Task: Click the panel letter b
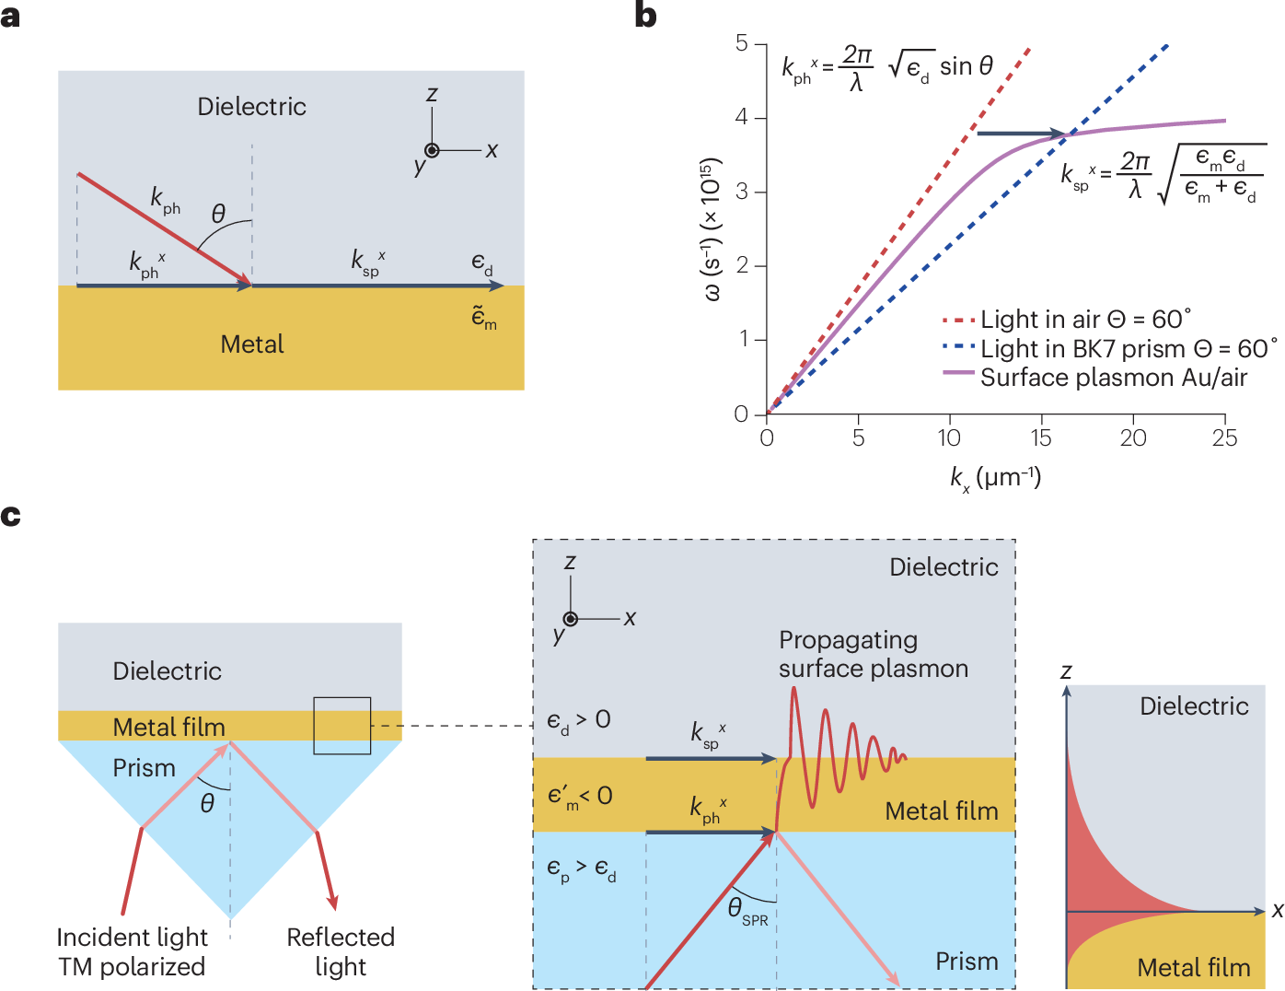coord(646,16)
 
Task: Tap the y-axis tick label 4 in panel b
coord(742,118)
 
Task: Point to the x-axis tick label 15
coord(1040,438)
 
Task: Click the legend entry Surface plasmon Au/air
coord(1113,378)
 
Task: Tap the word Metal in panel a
coord(252,344)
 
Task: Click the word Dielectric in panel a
coord(251,107)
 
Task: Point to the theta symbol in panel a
coord(218,215)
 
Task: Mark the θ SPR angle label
coord(747,911)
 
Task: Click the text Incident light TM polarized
coord(132,952)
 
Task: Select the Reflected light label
coord(341,952)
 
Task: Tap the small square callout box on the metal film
coord(342,726)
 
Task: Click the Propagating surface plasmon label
coord(873,654)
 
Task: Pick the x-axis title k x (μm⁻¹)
coord(995,478)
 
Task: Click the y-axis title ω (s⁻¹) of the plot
coord(712,230)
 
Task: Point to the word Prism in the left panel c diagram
coord(144,768)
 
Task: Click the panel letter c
coord(11,515)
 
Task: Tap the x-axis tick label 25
coord(1224,438)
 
